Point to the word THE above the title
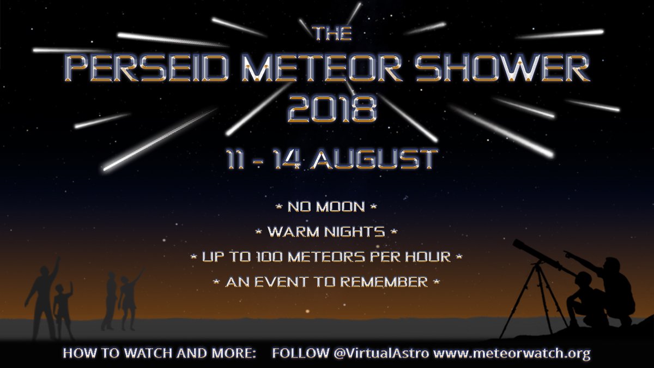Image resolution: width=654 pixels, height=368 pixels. pos(332,33)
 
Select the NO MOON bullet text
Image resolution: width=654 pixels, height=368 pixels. pos(326,207)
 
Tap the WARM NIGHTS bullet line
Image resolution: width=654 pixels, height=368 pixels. pos(326,232)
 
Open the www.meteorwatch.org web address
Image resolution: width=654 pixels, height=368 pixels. pos(512,353)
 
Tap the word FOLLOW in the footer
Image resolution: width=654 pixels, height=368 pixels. pos(300,353)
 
